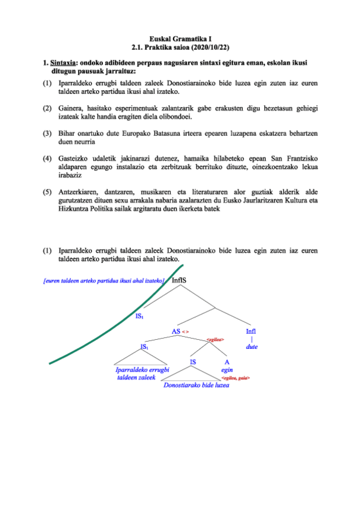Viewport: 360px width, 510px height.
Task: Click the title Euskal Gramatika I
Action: tap(180, 38)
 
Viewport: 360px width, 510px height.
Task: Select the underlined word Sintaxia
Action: tap(62, 61)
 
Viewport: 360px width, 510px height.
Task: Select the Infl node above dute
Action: tap(251, 331)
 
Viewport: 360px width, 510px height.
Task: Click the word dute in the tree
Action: tap(251, 347)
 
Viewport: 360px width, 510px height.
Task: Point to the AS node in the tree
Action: tap(176, 331)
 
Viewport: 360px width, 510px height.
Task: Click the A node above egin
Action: tap(227, 362)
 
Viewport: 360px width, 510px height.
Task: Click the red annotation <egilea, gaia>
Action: tap(236, 378)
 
